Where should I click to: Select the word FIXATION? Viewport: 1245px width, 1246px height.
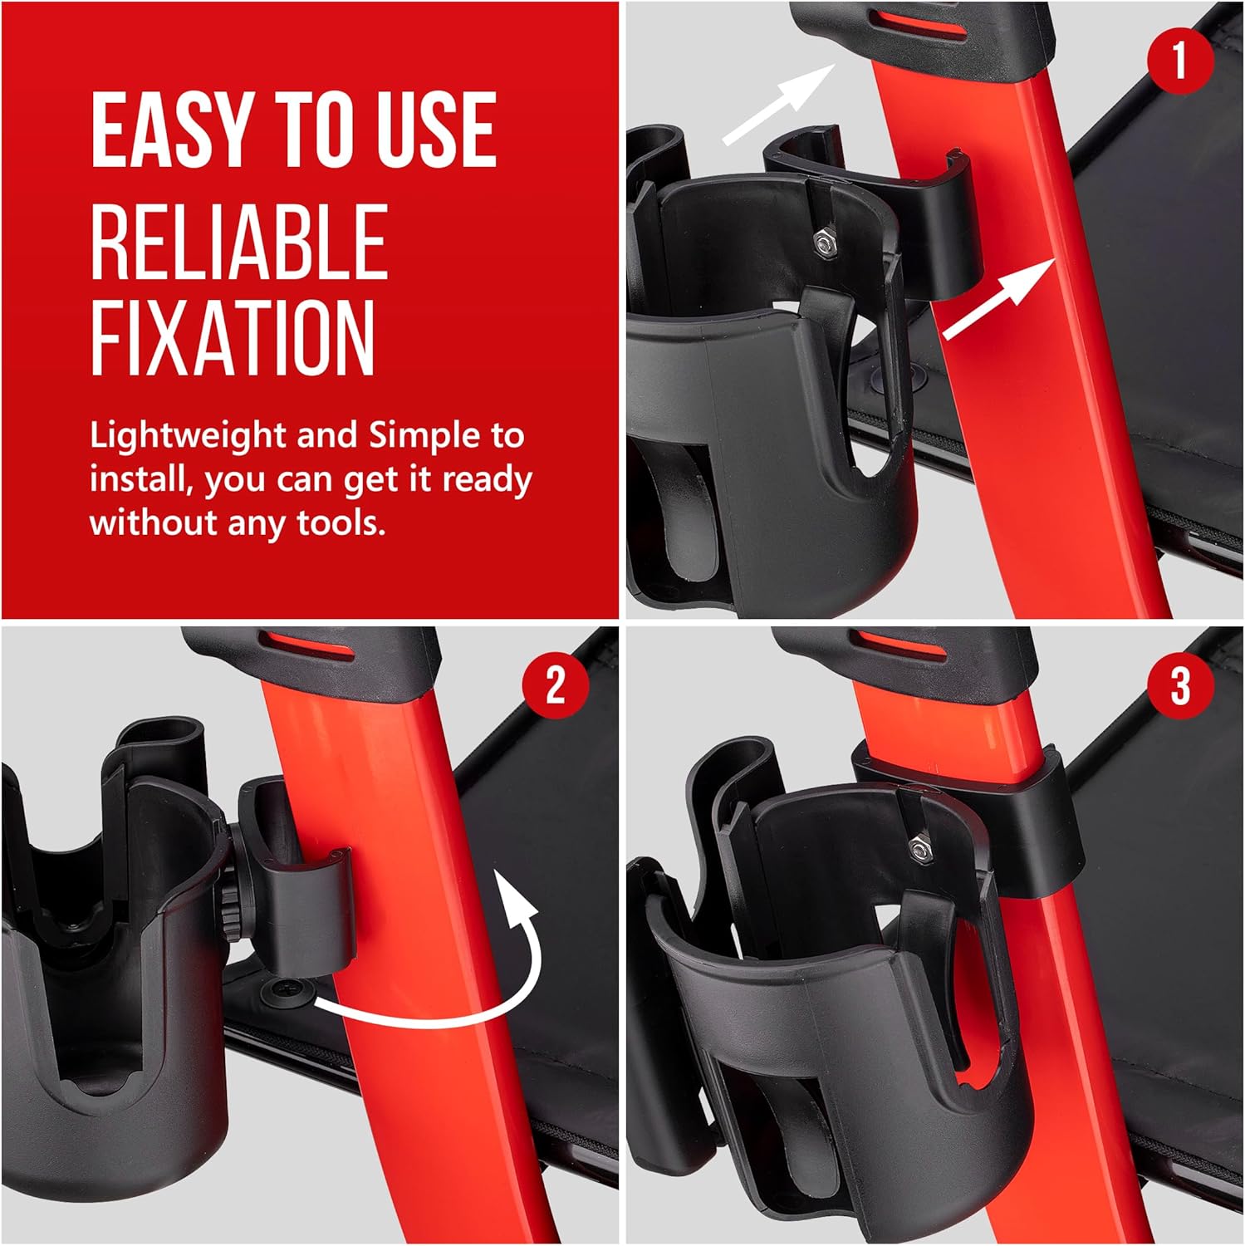click(x=233, y=338)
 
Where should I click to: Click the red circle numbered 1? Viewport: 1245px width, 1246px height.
click(x=1180, y=60)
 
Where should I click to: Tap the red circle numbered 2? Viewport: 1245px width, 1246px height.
click(x=555, y=686)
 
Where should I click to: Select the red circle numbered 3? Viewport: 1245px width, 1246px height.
click(x=1180, y=686)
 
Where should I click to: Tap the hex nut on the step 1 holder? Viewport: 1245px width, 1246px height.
click(x=824, y=242)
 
